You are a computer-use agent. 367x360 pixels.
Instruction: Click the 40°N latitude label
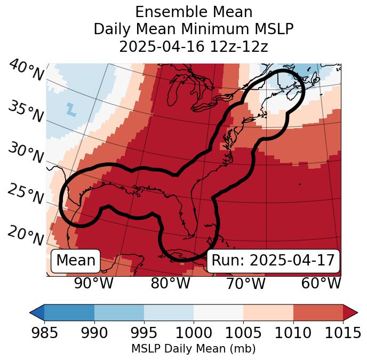26,71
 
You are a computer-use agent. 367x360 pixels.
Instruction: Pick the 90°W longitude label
93,283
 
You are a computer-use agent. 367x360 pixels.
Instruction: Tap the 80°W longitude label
170,283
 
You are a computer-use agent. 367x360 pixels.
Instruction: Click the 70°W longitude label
245,283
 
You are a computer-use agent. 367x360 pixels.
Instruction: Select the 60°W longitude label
321,283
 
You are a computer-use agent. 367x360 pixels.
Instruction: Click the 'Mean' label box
76,261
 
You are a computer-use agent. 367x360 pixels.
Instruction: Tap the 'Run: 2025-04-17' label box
273,261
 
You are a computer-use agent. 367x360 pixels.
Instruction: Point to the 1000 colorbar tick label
194,333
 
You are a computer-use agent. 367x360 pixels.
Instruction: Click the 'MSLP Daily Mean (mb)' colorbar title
193,349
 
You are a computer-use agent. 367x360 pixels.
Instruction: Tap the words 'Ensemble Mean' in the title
194,12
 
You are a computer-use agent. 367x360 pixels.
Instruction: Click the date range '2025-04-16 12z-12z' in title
194,46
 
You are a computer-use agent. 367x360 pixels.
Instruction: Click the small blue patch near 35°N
71,108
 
